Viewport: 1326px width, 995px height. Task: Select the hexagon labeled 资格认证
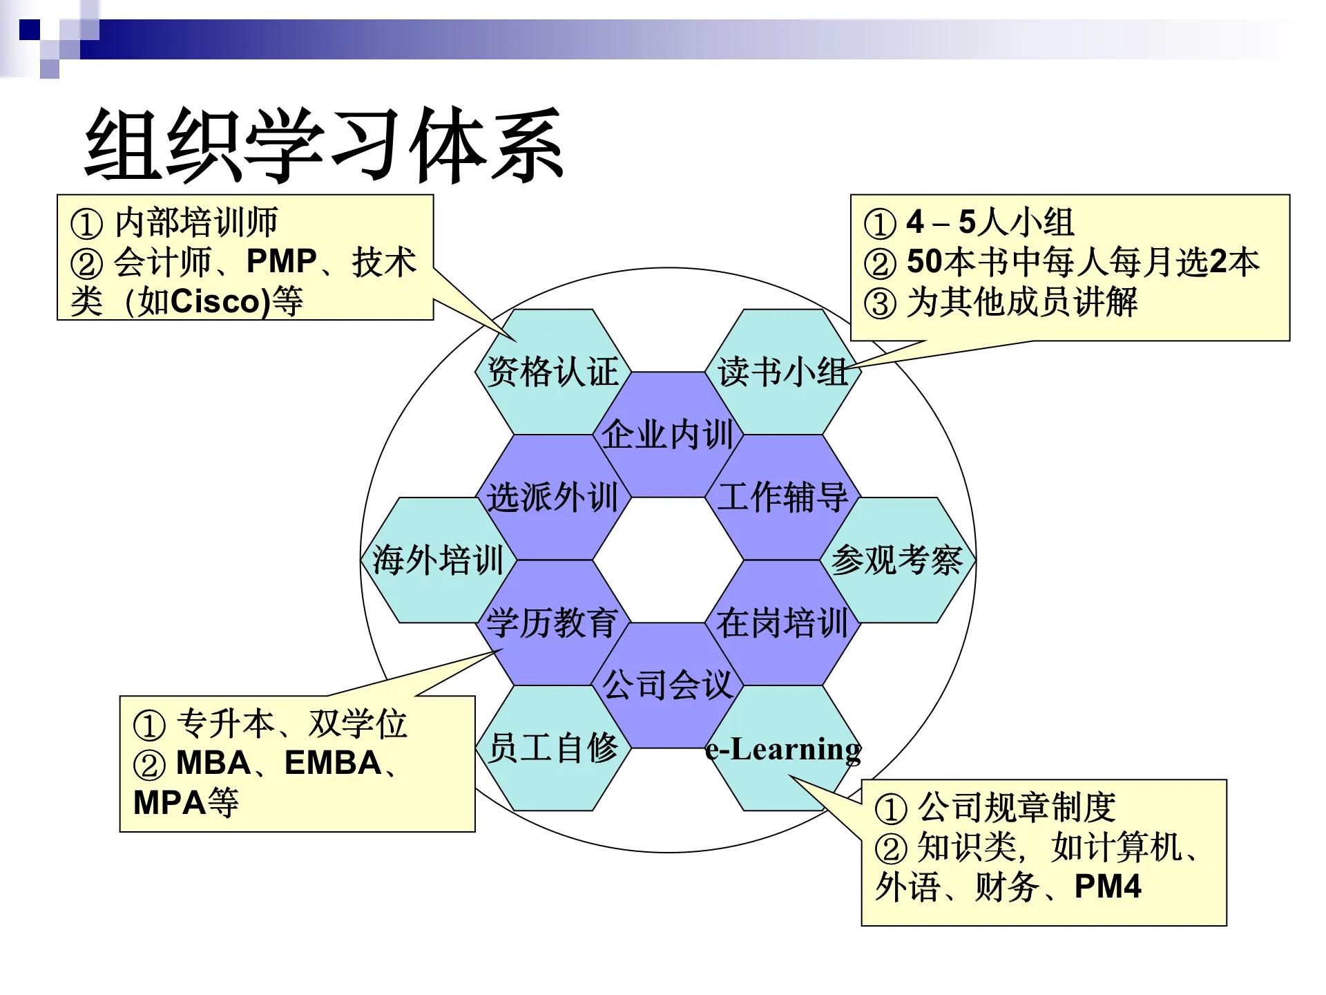click(x=552, y=372)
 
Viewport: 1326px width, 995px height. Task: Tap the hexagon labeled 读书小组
click(x=782, y=372)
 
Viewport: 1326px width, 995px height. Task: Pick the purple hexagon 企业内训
click(x=667, y=435)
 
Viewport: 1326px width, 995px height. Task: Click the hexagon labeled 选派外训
click(x=552, y=497)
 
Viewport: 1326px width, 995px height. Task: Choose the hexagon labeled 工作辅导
click(x=782, y=497)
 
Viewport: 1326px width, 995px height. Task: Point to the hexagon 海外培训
click(x=438, y=560)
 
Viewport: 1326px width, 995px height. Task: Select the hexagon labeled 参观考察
click(x=896, y=560)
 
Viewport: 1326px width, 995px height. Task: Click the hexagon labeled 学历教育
click(x=552, y=622)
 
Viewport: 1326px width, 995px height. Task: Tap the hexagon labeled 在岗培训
click(x=782, y=622)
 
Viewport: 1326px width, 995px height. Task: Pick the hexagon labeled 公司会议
click(x=667, y=685)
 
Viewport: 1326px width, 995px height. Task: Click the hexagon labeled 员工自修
click(x=552, y=748)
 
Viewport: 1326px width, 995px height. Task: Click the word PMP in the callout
click(x=281, y=262)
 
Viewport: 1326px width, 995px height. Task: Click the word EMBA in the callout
click(x=333, y=763)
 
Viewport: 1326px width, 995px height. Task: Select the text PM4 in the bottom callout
click(x=1108, y=887)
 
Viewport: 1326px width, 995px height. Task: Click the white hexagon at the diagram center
click(x=667, y=560)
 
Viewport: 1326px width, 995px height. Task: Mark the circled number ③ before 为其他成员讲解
click(x=880, y=303)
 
